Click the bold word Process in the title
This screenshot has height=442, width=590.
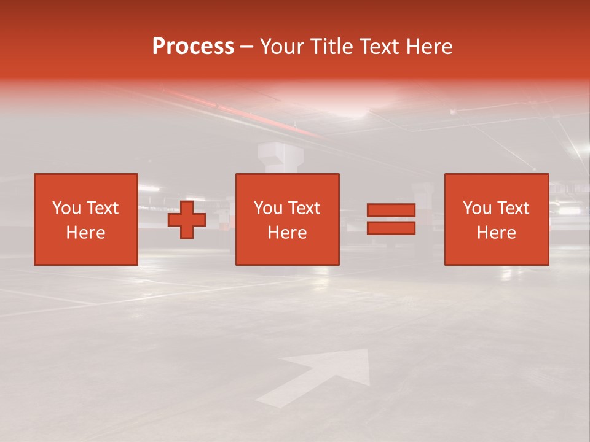pyautogui.click(x=193, y=47)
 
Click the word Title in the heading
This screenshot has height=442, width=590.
pyautogui.click(x=329, y=47)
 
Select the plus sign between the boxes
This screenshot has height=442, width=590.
pyautogui.click(x=187, y=219)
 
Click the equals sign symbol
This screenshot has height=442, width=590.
pyautogui.click(x=391, y=219)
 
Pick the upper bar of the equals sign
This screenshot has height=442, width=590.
pyautogui.click(x=391, y=211)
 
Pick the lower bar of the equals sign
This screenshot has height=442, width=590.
pyautogui.click(x=391, y=228)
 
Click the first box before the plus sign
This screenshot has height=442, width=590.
pyautogui.click(x=86, y=219)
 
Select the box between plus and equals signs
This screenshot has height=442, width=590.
pyautogui.click(x=288, y=219)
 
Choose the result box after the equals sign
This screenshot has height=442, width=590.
pyautogui.click(x=497, y=219)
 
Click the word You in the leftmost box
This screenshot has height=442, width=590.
pyautogui.click(x=66, y=208)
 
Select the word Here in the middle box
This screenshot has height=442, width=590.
pyautogui.click(x=288, y=233)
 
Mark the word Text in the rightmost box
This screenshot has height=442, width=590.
pyautogui.click(x=513, y=208)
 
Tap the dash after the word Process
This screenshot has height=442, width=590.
pyautogui.click(x=247, y=47)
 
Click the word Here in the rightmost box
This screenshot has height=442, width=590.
pyautogui.click(x=497, y=233)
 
